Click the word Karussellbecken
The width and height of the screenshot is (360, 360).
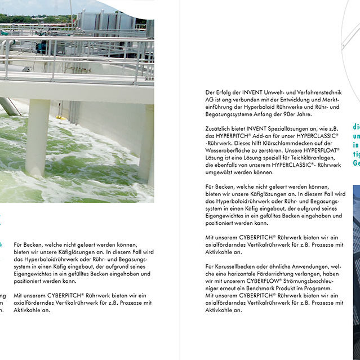(x=235, y=266)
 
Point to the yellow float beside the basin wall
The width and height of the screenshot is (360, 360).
(x=59, y=117)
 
